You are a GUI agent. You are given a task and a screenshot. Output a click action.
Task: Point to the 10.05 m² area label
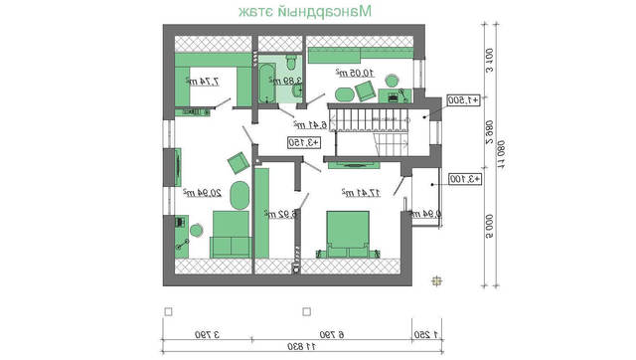[x=354, y=74]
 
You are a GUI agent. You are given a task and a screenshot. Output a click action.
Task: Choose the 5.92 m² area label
[x=277, y=212]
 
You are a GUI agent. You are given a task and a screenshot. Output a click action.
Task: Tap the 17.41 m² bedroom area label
[x=360, y=191]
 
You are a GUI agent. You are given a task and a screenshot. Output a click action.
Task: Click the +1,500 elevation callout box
[x=464, y=100]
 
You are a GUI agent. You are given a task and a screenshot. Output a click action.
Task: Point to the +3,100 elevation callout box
[x=464, y=179]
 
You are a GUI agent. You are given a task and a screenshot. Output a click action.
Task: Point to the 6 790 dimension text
[x=355, y=333]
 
